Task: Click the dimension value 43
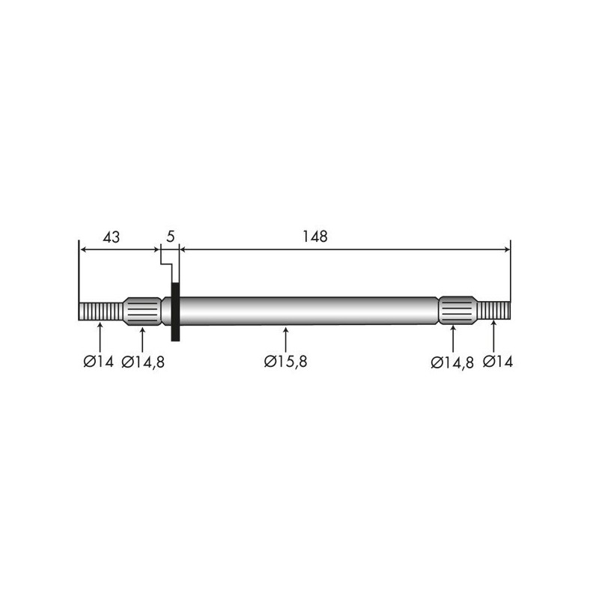click(111, 237)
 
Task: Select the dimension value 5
click(171, 237)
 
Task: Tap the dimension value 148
click(315, 237)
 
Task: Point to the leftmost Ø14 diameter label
click(99, 362)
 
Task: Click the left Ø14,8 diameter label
click(143, 362)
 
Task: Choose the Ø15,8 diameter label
click(285, 362)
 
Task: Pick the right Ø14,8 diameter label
click(452, 362)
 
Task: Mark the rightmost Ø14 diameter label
click(498, 362)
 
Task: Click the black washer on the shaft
click(175, 311)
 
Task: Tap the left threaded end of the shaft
click(101, 311)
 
